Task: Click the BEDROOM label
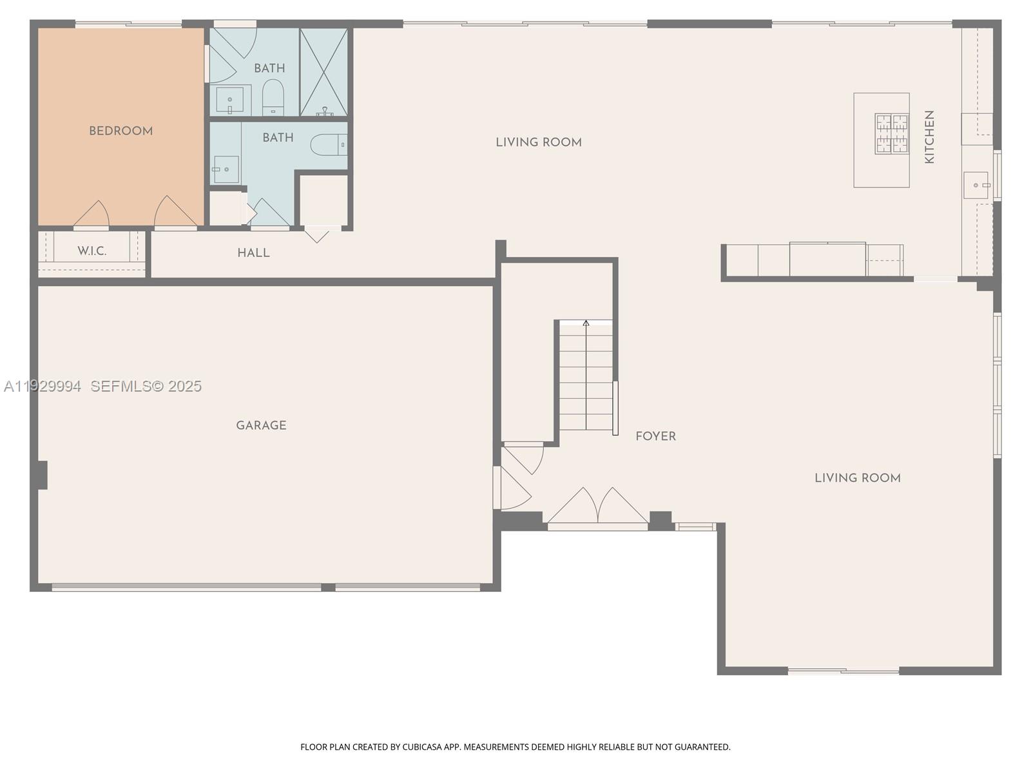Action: click(121, 131)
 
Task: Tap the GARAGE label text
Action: click(261, 425)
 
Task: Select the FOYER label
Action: click(655, 437)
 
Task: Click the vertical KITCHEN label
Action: click(929, 137)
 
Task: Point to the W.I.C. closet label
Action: click(92, 251)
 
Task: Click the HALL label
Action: click(253, 253)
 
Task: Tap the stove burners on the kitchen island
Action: click(891, 134)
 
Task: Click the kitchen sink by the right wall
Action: click(976, 186)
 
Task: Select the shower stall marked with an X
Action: click(323, 72)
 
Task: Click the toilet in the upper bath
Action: click(273, 96)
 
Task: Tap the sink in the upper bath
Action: click(229, 100)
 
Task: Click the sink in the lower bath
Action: click(226, 169)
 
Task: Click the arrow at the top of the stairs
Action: click(586, 323)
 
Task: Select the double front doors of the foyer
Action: click(597, 507)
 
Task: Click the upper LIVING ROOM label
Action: click(539, 142)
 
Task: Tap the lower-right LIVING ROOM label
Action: click(857, 478)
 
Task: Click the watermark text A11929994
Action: click(43, 386)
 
